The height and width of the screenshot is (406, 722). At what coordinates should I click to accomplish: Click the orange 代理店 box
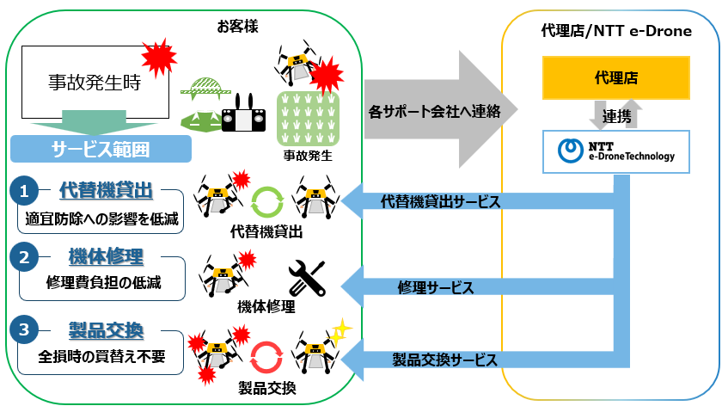(615, 77)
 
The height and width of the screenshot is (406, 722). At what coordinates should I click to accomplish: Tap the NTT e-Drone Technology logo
(616, 151)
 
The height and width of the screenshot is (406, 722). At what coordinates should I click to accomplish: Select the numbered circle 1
(24, 190)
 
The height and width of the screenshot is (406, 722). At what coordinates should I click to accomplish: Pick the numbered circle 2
(24, 256)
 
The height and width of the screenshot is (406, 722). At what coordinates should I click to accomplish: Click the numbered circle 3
(24, 329)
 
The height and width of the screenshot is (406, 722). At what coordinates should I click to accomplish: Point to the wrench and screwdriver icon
(307, 278)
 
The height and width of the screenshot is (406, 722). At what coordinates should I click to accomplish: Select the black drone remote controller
(243, 115)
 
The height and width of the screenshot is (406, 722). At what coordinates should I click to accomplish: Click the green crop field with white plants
(308, 119)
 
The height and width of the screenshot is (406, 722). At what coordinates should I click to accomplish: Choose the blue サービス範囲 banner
(101, 149)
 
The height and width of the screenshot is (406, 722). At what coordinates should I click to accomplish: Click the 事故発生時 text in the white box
(95, 83)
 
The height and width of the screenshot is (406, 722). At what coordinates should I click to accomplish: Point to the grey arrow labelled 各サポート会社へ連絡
(441, 110)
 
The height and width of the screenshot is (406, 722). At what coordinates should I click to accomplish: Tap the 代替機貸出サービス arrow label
(441, 201)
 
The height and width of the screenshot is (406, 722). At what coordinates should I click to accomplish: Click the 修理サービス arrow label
(436, 287)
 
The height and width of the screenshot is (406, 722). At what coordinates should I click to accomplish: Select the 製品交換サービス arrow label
(445, 360)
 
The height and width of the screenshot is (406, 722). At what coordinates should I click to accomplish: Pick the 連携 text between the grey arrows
(616, 115)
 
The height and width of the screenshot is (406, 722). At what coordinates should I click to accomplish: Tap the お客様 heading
(237, 27)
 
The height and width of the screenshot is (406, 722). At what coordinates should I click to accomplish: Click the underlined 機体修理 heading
(106, 256)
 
